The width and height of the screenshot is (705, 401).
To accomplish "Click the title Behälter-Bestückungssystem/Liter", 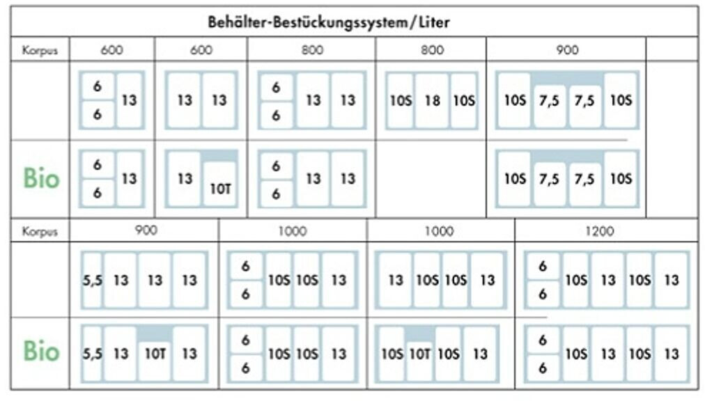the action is [x=329, y=22].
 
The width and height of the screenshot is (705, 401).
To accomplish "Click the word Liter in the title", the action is [x=433, y=22].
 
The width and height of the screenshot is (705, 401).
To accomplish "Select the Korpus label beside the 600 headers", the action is [x=40, y=51].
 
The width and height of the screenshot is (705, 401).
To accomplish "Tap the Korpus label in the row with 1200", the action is [x=40, y=231].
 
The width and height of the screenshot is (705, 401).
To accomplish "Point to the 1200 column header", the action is [x=600, y=231].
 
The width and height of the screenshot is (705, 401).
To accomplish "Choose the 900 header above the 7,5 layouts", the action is [x=566, y=51].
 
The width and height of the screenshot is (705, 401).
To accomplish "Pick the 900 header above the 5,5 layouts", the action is [x=144, y=231].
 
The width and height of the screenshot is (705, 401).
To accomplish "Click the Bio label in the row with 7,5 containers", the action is [x=41, y=179].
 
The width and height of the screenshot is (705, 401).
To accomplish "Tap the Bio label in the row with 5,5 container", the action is [x=41, y=352].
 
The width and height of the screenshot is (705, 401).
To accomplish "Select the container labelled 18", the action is [x=432, y=101].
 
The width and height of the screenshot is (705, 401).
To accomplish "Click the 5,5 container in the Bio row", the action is [x=92, y=354].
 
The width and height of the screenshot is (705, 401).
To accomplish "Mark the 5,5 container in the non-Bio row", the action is [x=92, y=281].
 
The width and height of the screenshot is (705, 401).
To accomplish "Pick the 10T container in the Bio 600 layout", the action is [x=219, y=186].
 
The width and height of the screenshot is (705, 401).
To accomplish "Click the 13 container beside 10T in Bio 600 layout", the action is [x=184, y=179].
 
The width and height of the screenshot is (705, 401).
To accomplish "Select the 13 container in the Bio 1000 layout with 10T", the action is [x=481, y=354].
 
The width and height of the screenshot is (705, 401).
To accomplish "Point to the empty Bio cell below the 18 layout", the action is [x=431, y=179].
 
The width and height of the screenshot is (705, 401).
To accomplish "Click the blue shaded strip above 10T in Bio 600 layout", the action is [x=219, y=156].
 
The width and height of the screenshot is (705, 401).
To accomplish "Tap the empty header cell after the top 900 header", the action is [x=672, y=51].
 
